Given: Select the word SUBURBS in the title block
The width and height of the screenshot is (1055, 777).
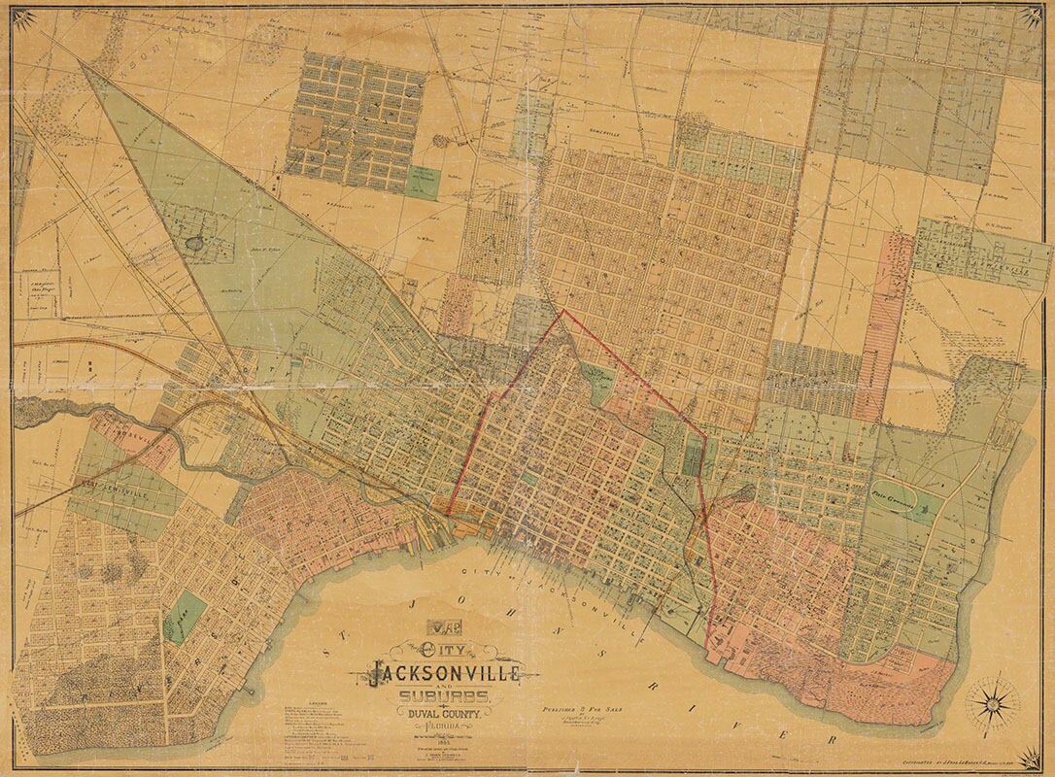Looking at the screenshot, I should (443, 697).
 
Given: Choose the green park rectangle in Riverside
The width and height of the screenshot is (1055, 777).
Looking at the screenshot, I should (186, 614).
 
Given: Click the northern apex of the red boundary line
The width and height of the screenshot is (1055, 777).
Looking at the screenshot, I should (562, 311).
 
